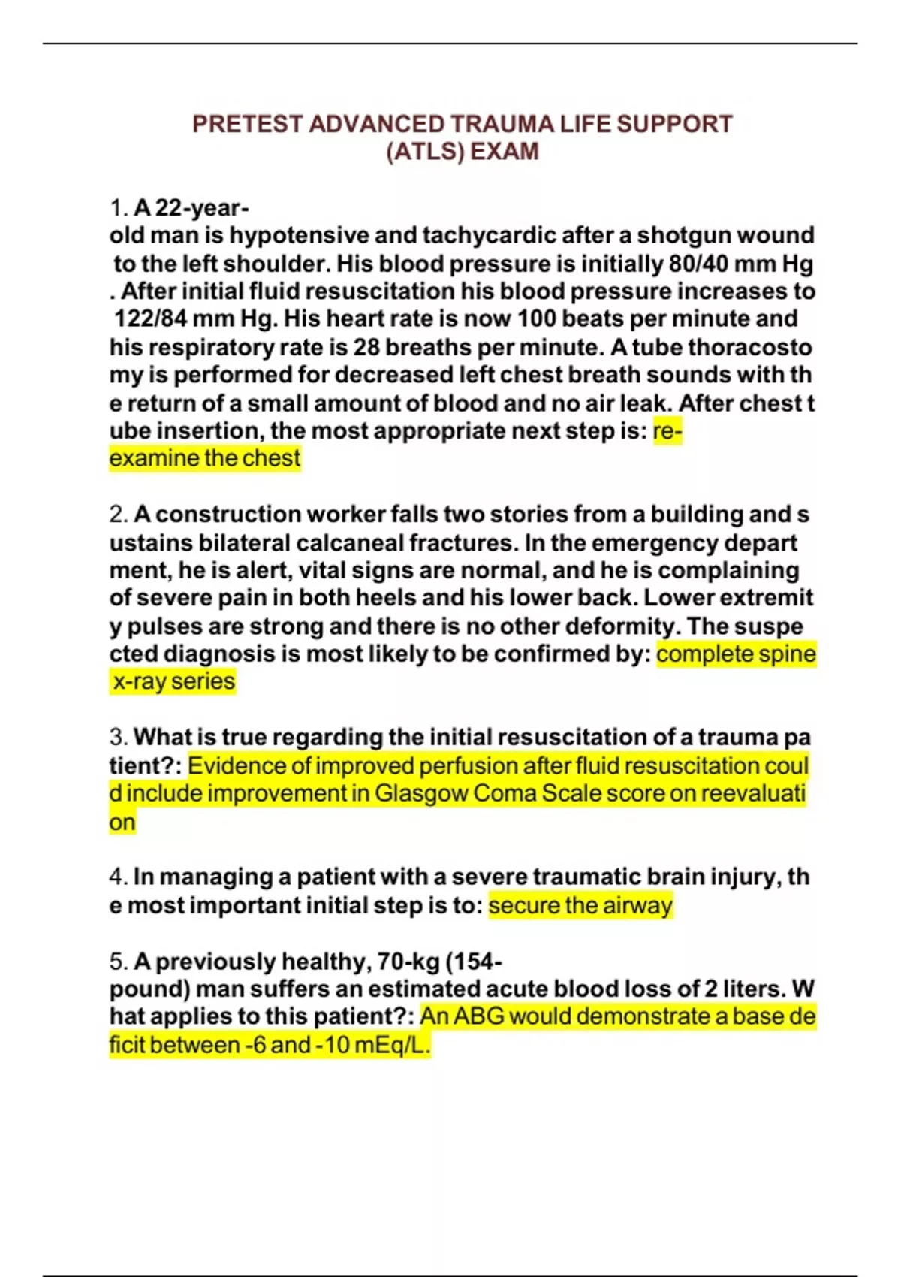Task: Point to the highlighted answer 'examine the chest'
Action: point(204,458)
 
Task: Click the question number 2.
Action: point(118,515)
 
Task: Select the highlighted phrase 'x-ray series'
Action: point(173,681)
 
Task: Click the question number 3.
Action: point(118,737)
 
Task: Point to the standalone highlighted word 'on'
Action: point(122,822)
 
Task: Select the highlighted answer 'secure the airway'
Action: point(580,905)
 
